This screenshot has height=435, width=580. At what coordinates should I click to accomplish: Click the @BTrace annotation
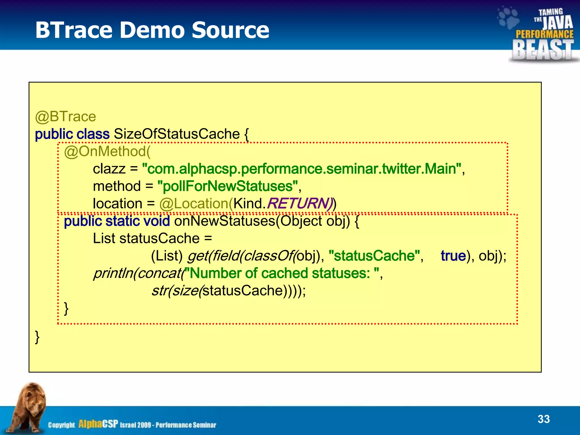[65, 117]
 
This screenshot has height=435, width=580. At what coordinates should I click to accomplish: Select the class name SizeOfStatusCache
[177, 134]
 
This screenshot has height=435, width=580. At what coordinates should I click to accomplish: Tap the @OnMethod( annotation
[107, 152]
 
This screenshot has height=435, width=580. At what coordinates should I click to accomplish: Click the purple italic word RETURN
[297, 204]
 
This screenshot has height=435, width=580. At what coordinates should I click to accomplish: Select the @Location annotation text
[195, 204]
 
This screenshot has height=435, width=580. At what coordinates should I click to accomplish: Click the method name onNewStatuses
[225, 221]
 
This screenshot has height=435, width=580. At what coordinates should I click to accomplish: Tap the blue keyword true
[453, 256]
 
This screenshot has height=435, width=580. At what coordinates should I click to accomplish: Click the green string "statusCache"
[374, 256]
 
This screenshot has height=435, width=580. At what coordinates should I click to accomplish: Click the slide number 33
[543, 419]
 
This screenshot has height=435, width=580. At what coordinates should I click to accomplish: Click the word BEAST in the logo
[543, 50]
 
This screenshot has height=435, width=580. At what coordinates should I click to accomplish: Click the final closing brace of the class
[37, 337]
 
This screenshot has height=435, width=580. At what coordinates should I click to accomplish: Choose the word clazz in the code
[109, 169]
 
